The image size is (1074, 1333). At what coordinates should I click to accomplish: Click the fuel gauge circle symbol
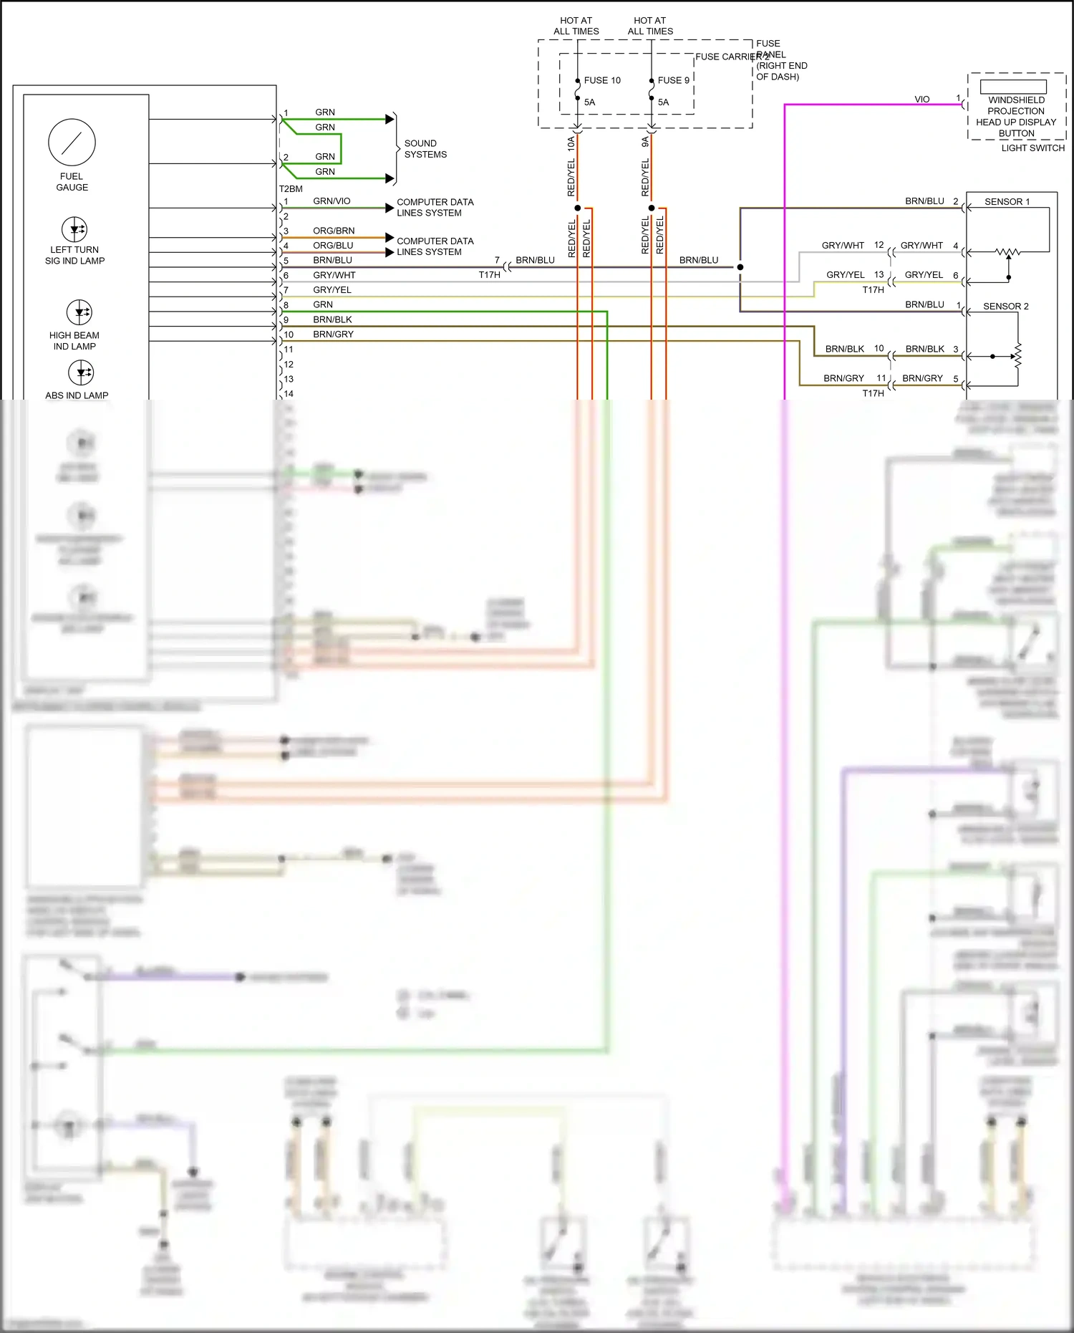[x=72, y=143]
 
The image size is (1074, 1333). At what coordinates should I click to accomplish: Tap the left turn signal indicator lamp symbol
[x=74, y=230]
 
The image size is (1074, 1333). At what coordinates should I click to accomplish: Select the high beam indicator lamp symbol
[x=79, y=312]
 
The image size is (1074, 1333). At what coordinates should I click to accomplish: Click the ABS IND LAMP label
[x=77, y=395]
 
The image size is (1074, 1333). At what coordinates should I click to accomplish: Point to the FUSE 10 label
[x=602, y=80]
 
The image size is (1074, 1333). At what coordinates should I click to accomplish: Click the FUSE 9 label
[x=673, y=80]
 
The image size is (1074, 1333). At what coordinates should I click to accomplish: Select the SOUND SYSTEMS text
[x=425, y=149]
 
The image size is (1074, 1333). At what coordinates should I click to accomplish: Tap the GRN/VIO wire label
[x=332, y=201]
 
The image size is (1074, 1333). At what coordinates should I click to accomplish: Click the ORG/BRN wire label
[x=334, y=231]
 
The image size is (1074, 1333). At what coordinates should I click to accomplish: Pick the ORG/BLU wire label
[x=333, y=246]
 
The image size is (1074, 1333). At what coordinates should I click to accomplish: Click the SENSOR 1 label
[x=1007, y=202]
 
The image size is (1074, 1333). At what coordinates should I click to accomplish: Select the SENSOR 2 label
[x=1005, y=307]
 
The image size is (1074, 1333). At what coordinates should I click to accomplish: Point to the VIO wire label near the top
[x=921, y=100]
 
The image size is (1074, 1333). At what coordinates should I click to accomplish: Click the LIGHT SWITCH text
[x=1032, y=148]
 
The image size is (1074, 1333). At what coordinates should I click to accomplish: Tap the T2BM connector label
[x=291, y=189]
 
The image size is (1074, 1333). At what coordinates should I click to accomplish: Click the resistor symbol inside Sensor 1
[x=1008, y=252]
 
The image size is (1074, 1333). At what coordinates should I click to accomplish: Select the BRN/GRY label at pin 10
[x=333, y=335]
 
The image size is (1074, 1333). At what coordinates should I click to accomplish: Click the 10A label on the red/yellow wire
[x=571, y=143]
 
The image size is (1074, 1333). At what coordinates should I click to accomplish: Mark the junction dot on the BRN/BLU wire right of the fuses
[x=740, y=267]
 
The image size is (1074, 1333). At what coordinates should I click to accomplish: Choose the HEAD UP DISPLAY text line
[x=1015, y=122]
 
